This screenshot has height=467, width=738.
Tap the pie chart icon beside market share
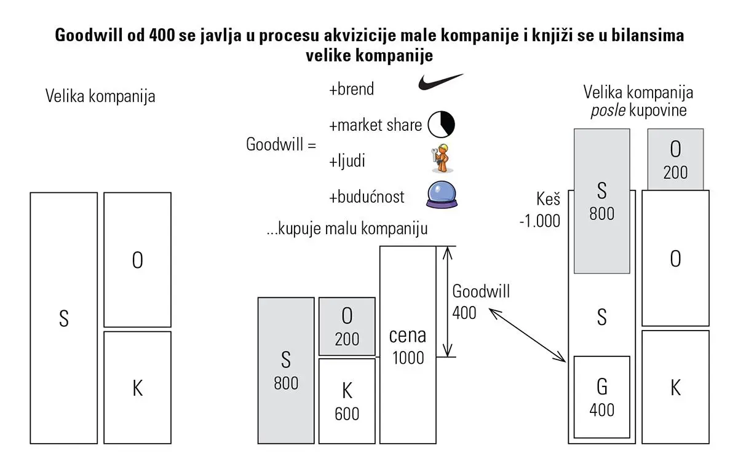pos(441,124)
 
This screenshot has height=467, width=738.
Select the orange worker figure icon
pos(441,159)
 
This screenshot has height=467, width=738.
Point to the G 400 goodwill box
pos(601,398)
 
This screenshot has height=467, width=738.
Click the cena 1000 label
pos(407,346)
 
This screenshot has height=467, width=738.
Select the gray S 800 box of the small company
pos(285,371)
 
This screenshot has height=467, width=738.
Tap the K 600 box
pos(347,401)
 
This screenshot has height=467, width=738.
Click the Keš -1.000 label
pos(541,210)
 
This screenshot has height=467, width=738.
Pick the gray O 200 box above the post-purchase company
pos(675,159)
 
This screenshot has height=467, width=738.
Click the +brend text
pos(351,89)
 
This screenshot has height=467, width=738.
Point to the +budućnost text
pos(367,197)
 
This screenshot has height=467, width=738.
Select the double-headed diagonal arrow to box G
pos(528,334)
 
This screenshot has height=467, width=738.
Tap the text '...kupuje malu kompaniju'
pos(347,229)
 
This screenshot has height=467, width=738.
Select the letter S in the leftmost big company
pos(63,320)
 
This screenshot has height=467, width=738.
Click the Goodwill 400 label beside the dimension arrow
pos(480,301)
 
